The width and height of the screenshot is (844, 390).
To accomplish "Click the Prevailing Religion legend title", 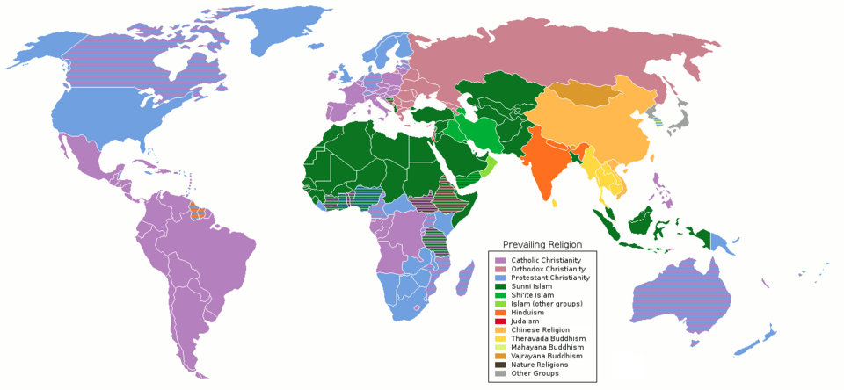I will coord(542,244).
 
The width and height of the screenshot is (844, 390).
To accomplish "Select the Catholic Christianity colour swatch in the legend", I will coord(500,261).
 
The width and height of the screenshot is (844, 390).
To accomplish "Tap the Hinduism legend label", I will coord(527,313).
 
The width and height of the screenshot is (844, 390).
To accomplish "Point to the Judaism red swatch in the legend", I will coord(500,321).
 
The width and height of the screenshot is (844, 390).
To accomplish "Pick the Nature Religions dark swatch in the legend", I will coord(500,365).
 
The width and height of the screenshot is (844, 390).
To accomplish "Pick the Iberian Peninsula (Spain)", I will coord(339,111).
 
